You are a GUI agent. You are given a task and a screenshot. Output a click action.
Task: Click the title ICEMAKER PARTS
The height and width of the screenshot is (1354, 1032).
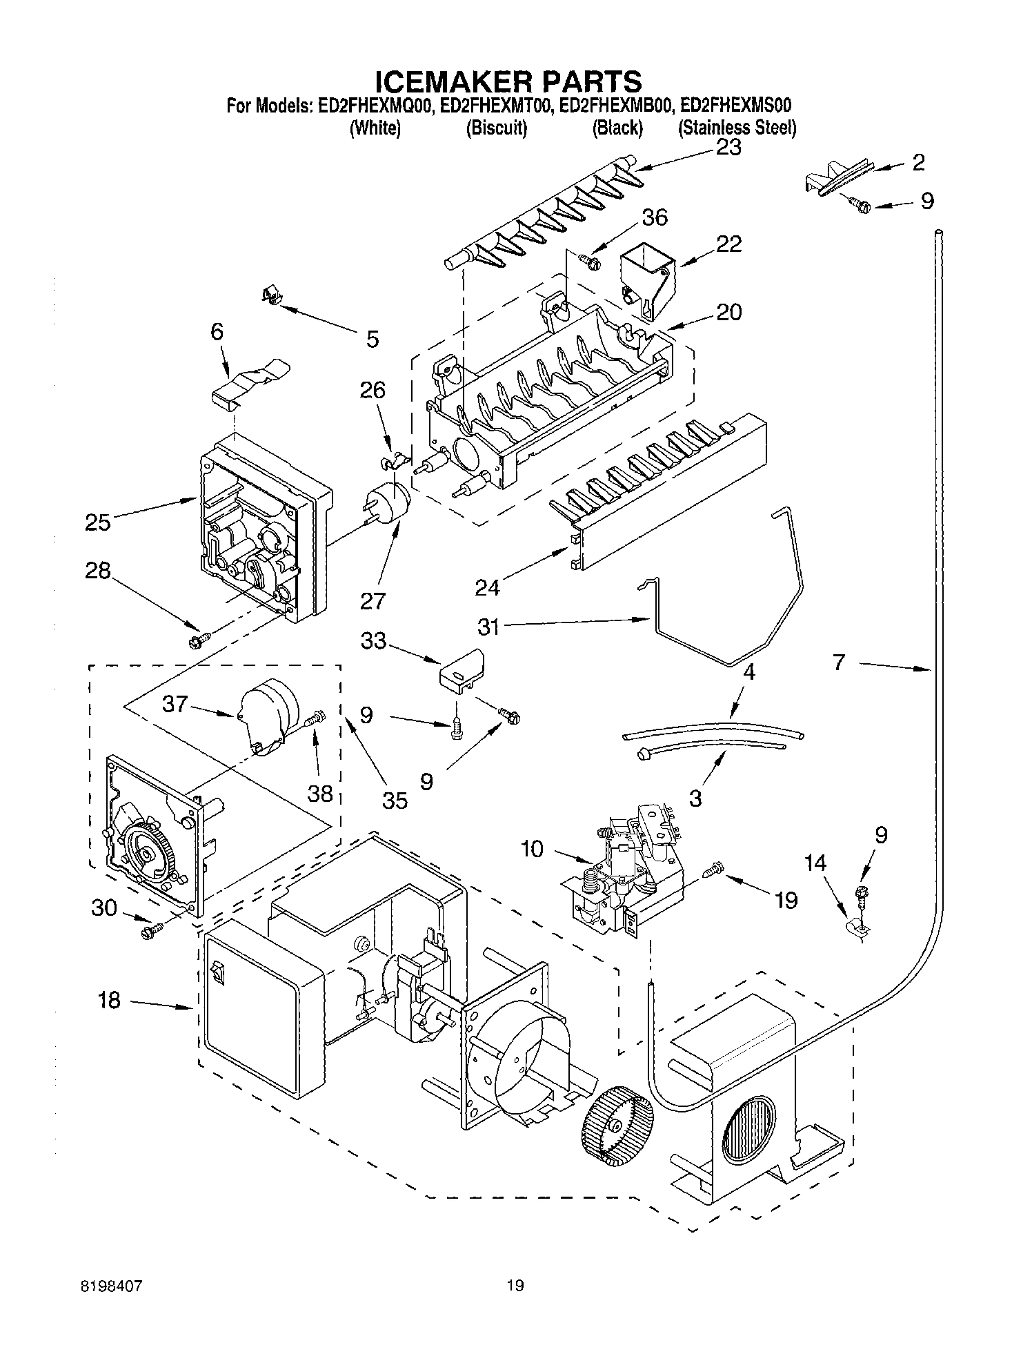(508, 81)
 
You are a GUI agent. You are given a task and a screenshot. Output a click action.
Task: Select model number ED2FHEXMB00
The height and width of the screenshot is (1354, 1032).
(617, 106)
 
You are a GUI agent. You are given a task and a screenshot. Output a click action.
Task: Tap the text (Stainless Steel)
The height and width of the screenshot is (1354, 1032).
(737, 128)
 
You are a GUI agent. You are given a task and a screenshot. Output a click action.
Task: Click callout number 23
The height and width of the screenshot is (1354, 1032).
(728, 147)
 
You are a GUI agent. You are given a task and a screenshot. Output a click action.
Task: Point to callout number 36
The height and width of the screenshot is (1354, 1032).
(654, 217)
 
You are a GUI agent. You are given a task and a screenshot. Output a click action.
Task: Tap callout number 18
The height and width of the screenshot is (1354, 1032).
(109, 1000)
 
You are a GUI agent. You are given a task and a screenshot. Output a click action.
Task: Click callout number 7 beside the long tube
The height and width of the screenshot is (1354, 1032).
(839, 663)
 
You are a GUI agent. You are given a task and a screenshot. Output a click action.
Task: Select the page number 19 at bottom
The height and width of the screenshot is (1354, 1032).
(515, 1286)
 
